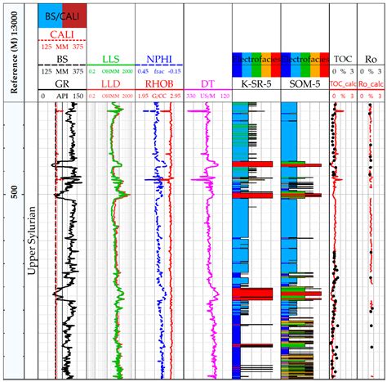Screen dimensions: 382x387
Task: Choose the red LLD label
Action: (x=112, y=83)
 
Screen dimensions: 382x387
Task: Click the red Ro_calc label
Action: (x=370, y=83)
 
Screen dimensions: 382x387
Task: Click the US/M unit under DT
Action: (x=205, y=96)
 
